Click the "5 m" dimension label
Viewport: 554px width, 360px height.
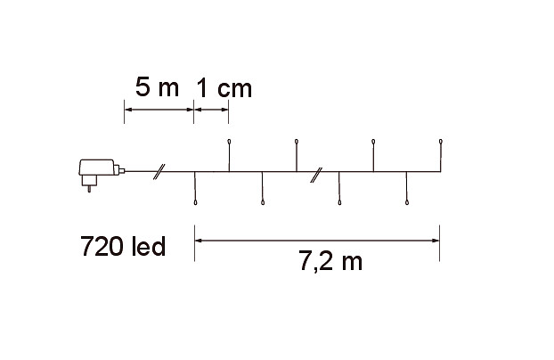click(158, 87)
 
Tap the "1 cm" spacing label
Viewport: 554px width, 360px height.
click(224, 87)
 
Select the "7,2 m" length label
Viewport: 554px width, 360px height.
click(330, 261)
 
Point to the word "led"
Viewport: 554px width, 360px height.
click(149, 246)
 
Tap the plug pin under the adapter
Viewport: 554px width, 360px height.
click(89, 189)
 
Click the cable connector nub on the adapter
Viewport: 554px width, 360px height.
click(122, 171)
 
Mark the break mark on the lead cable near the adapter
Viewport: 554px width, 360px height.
click(159, 172)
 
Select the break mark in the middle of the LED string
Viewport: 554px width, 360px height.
click(316, 175)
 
